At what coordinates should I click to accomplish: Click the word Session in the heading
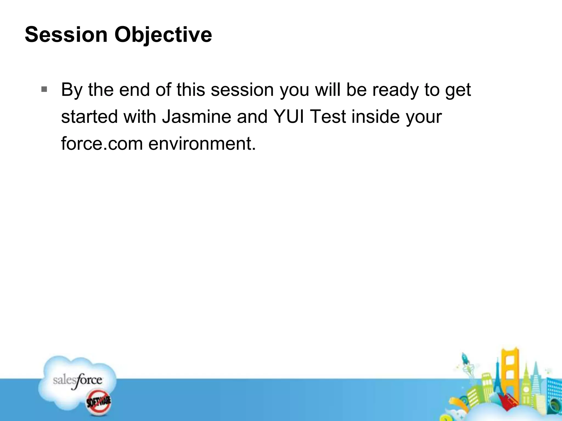66,35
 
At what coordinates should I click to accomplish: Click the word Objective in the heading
163,35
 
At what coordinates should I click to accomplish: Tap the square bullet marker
44,89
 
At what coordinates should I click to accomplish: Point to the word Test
328,116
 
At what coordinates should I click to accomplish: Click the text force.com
102,143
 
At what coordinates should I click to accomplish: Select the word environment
202,143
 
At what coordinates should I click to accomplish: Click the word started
89,116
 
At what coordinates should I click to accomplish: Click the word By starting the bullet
72,90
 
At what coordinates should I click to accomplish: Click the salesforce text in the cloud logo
77,380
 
